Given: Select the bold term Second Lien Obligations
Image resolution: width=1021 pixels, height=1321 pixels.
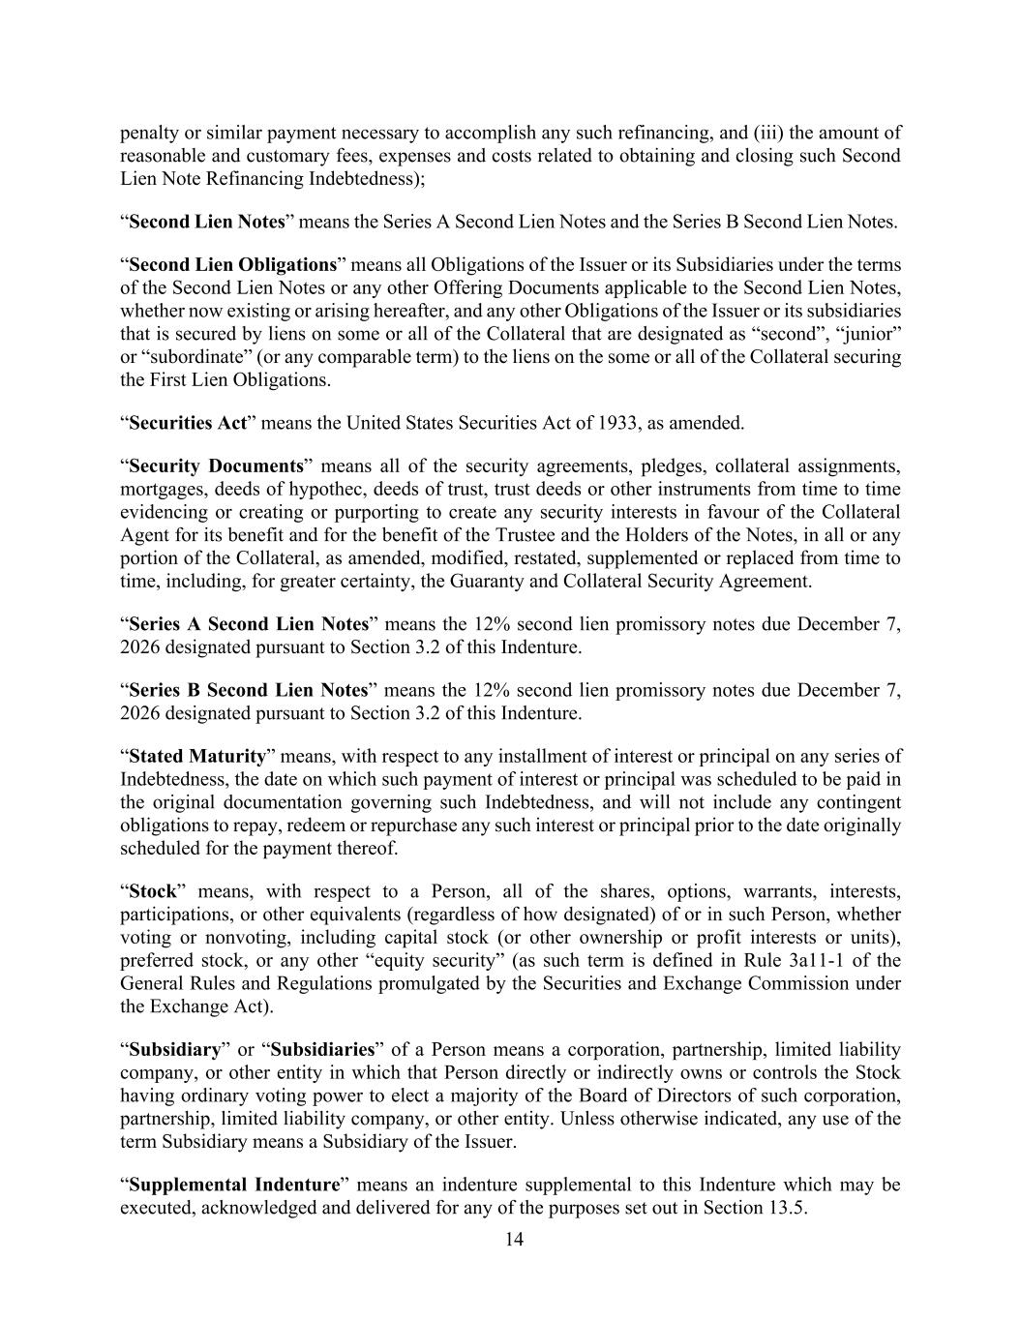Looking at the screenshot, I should coord(232,264).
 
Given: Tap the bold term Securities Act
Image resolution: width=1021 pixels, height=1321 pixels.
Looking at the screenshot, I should coord(188,423).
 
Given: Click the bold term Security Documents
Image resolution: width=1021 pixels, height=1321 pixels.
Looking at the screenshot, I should coord(216,465).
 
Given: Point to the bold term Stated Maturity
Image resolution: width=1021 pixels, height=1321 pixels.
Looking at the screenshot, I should coord(196,756).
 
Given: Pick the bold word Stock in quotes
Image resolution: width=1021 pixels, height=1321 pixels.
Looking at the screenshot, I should coord(151,890).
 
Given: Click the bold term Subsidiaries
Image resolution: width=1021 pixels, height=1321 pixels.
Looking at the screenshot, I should coord(322,1049).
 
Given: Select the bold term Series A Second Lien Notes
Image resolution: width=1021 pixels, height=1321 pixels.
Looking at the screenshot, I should coord(249,623).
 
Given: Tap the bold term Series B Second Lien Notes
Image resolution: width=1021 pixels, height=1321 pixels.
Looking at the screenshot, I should coord(249,690).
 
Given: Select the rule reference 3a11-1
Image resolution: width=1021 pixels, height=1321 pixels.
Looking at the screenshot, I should coord(821,960).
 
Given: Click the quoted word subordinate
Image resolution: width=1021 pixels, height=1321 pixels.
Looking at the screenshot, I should coord(177,357).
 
